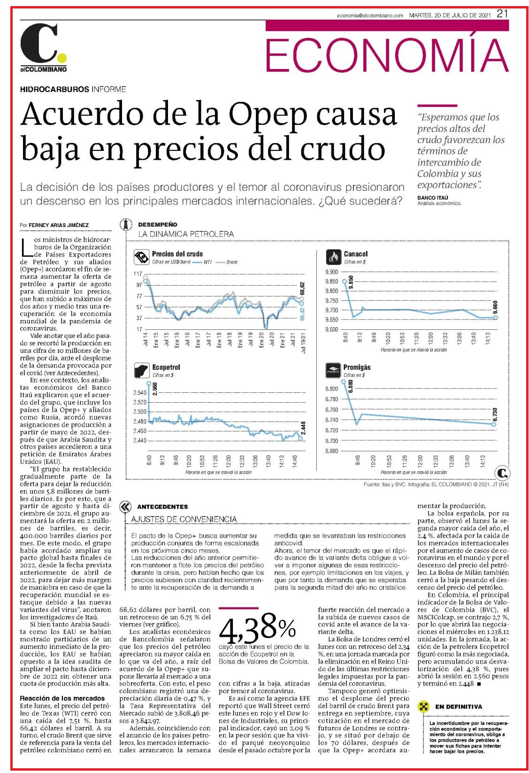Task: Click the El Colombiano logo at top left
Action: [x=43, y=47]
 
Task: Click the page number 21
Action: [x=502, y=14]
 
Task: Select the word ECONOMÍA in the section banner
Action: [x=387, y=55]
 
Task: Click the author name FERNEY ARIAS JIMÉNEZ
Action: [x=59, y=225]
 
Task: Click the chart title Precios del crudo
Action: [x=177, y=254]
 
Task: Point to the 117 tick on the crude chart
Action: [x=138, y=273]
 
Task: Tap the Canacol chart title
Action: [x=356, y=254]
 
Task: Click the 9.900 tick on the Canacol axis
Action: [x=331, y=272]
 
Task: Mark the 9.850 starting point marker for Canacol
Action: [x=344, y=281]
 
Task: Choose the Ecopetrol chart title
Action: [x=166, y=367]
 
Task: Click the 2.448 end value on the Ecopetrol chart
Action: [x=303, y=428]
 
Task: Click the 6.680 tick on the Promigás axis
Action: [x=331, y=451]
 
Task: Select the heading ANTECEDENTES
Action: [x=162, y=507]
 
